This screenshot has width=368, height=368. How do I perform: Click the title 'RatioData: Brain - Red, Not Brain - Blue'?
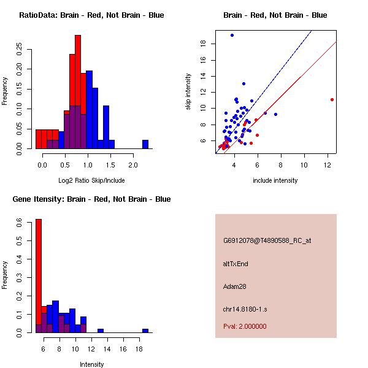tap(91, 15)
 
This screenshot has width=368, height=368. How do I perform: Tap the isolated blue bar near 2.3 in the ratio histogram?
tap(145, 144)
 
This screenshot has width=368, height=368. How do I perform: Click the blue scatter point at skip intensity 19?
tap(232, 35)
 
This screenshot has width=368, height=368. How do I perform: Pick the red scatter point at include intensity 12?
tap(332, 99)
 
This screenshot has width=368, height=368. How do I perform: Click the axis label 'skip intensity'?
tap(188, 92)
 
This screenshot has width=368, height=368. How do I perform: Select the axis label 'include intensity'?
tap(275, 180)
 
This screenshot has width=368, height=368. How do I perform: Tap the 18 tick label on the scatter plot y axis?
tap(202, 44)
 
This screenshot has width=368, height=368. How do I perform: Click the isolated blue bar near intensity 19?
tap(145, 331)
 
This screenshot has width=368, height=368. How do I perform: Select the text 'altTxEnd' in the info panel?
tap(236, 264)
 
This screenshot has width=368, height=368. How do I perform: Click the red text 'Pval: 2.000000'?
tap(245, 326)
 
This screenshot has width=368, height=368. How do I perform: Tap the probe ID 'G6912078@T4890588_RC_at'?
tap(267, 240)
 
